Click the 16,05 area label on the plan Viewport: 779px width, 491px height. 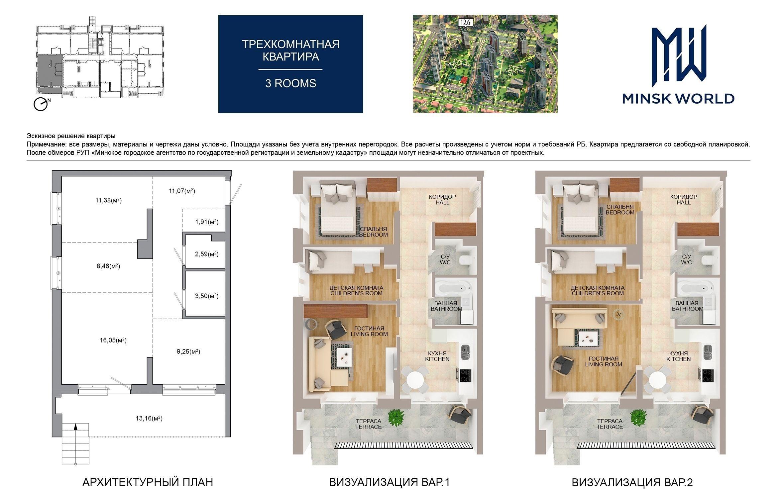click(x=113, y=340)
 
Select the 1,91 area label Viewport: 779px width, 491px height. click(x=207, y=222)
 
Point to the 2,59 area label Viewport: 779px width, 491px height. click(x=207, y=254)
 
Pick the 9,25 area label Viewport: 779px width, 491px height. click(x=188, y=351)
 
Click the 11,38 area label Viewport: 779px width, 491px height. click(x=108, y=200)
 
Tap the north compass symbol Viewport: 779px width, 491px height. click(x=41, y=104)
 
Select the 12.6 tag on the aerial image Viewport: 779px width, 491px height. click(x=466, y=22)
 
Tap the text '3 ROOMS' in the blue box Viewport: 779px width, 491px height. click(x=290, y=83)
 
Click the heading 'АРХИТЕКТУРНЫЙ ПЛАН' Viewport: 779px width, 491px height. click(x=148, y=482)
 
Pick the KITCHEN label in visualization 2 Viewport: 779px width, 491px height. click(x=679, y=359)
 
